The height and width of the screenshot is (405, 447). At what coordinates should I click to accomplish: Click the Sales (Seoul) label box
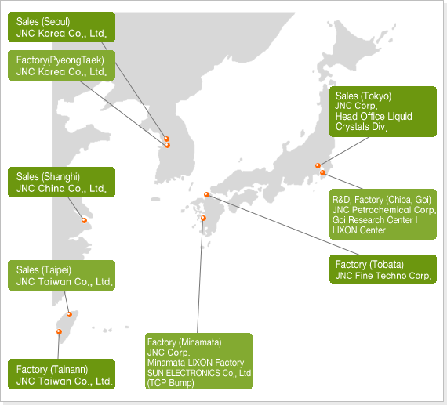pos(62,27)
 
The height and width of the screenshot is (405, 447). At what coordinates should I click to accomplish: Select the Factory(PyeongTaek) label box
pos(62,66)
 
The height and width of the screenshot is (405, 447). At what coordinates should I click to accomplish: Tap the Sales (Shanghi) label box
pos(62,182)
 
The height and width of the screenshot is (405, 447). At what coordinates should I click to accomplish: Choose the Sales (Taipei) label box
pos(62,276)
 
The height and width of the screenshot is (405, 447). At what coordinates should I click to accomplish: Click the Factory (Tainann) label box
pos(62,374)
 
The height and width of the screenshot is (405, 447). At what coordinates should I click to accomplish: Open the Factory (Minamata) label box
pos(198,361)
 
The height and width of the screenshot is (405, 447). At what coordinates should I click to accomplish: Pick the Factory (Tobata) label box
pos(383,269)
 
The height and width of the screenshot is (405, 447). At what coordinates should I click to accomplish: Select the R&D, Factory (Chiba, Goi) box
pos(383,214)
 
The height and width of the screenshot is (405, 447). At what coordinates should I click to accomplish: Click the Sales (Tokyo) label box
pos(383,112)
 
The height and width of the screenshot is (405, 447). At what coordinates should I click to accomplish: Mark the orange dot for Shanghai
pos(84,220)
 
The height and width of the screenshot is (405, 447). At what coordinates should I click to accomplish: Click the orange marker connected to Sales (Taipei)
pos(69,314)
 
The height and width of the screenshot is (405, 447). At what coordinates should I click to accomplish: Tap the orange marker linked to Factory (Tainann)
pos(59,331)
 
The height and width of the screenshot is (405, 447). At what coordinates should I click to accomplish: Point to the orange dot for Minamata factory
pos(203,218)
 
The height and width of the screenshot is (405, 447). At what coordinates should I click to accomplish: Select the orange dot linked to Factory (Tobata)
pos(207,194)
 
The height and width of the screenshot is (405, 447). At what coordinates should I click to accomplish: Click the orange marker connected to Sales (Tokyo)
pos(318,165)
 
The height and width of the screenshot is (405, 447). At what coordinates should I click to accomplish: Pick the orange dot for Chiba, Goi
pos(323,172)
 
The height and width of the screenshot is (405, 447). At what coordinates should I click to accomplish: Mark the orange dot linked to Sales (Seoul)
pos(166,139)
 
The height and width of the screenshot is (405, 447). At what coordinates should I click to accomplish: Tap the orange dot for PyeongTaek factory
pos(167,145)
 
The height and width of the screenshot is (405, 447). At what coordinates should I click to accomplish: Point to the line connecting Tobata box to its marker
pos(283,225)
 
